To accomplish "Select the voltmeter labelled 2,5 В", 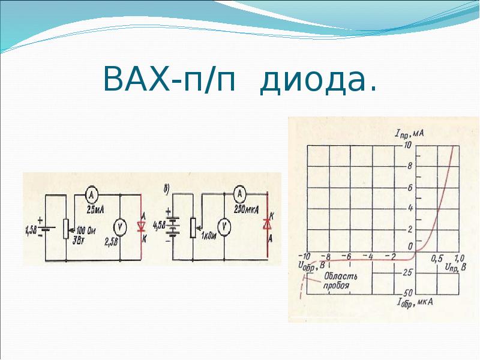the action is coord(120,226).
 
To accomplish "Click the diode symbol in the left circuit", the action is coord(142,227).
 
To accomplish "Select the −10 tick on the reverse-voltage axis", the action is coord(304,256).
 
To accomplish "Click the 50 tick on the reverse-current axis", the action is coord(407,292).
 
